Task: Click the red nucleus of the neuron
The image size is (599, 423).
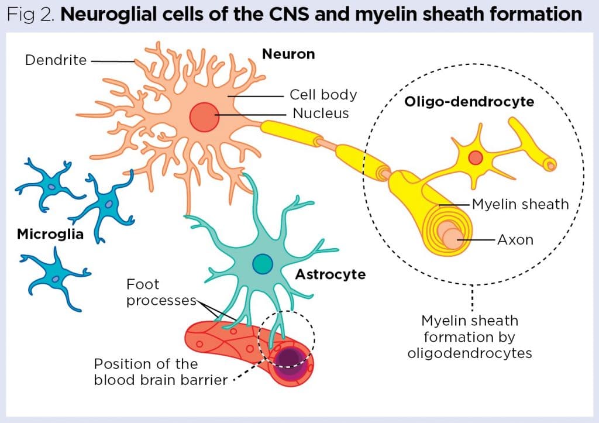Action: [x=204, y=116]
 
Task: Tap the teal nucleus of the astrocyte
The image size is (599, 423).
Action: [x=263, y=264]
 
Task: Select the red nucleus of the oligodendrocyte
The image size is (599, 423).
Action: [x=475, y=157]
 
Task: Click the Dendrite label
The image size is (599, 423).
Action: [x=56, y=60]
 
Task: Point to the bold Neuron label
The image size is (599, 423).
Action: [x=288, y=54]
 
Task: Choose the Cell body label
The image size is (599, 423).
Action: [x=323, y=95]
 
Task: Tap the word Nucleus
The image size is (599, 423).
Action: [x=321, y=113]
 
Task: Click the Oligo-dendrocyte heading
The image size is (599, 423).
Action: [x=469, y=102]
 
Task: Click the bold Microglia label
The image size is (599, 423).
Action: [x=50, y=235]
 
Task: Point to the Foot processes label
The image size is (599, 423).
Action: [x=160, y=293]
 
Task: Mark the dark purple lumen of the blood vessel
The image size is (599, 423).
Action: [x=288, y=357]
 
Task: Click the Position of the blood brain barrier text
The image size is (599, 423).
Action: [x=160, y=372]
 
